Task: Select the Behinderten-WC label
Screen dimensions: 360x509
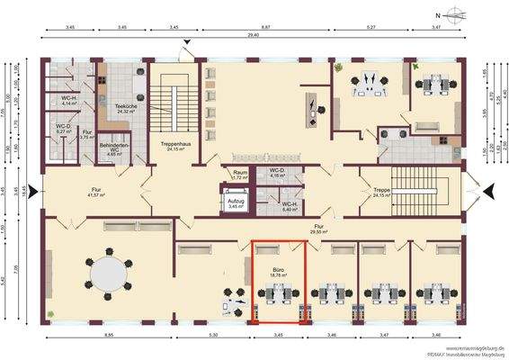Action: (114, 148)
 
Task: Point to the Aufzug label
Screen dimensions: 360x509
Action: (237, 203)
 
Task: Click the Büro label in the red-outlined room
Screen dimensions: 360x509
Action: (279, 270)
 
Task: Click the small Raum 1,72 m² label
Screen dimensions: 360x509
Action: (239, 175)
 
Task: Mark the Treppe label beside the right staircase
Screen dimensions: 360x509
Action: (383, 193)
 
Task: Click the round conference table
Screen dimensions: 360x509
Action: (109, 274)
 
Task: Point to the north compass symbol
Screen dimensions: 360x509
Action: (451, 15)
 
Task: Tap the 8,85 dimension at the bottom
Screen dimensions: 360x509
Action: (108, 336)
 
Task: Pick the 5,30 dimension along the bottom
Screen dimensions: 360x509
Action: (212, 336)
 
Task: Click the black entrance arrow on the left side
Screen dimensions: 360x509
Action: (34, 190)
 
